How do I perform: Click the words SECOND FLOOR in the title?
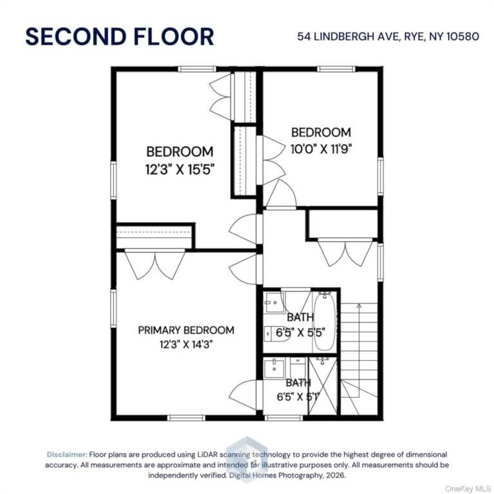point(119,37)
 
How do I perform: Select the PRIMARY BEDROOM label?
point(186,330)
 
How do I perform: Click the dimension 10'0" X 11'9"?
point(321,147)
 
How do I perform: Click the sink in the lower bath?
point(274,369)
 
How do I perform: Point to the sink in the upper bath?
point(275,300)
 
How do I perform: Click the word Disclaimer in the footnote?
point(66,455)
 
